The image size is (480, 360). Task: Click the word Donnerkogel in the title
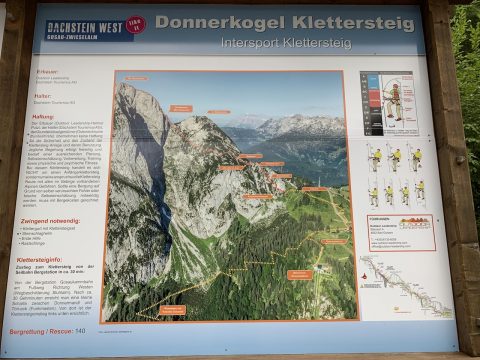pyautogui.click(x=214, y=22)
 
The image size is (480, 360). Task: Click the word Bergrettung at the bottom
pyautogui.click(x=27, y=331)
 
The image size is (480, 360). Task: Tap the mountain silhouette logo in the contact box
pyautogui.click(x=415, y=223)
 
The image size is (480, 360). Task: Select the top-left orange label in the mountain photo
pyautogui.click(x=136, y=78)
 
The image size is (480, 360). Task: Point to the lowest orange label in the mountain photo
pyautogui.click(x=172, y=310)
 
